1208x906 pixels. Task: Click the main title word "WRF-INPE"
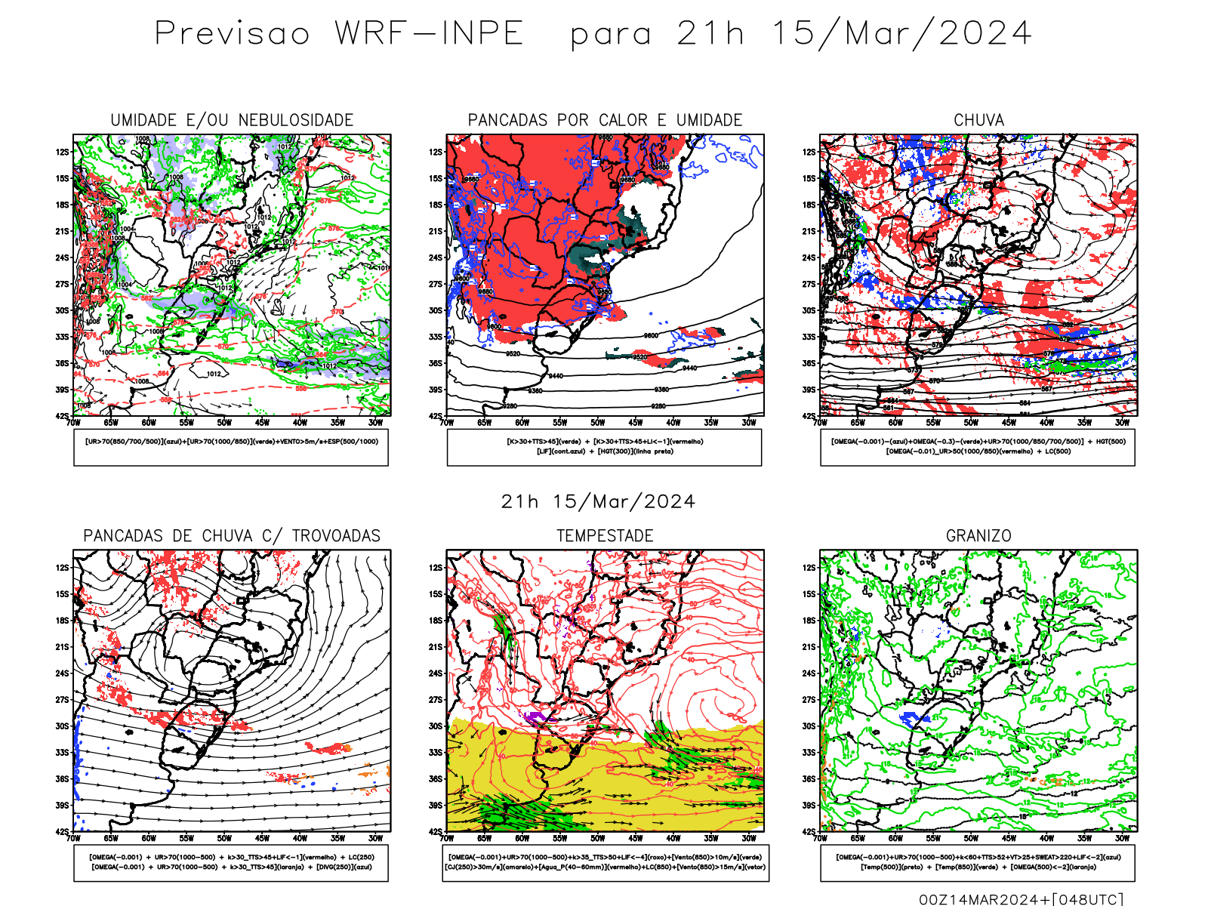[429, 34]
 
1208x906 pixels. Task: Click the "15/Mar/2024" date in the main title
[901, 34]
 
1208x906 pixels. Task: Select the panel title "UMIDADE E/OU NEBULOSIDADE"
[232, 120]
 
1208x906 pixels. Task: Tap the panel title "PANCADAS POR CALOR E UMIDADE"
[605, 120]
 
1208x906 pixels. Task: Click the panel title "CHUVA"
[978, 120]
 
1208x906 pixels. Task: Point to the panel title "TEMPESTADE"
[605, 536]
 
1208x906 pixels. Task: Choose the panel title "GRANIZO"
[978, 536]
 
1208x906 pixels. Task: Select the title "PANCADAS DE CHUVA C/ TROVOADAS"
[232, 536]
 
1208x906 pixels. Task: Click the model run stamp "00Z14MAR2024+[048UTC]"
[1021, 899]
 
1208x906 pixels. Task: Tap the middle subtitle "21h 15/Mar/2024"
[598, 502]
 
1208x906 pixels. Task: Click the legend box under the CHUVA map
[978, 447]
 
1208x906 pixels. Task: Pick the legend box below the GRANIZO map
[978, 862]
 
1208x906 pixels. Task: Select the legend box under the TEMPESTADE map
[605, 862]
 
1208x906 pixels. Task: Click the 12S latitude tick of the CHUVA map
[809, 153]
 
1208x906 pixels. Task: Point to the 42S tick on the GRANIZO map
[809, 832]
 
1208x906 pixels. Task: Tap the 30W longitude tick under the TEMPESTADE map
[749, 839]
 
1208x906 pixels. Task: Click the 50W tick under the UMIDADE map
[224, 423]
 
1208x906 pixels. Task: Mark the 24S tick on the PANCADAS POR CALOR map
[436, 258]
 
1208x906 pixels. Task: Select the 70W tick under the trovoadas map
[73, 839]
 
